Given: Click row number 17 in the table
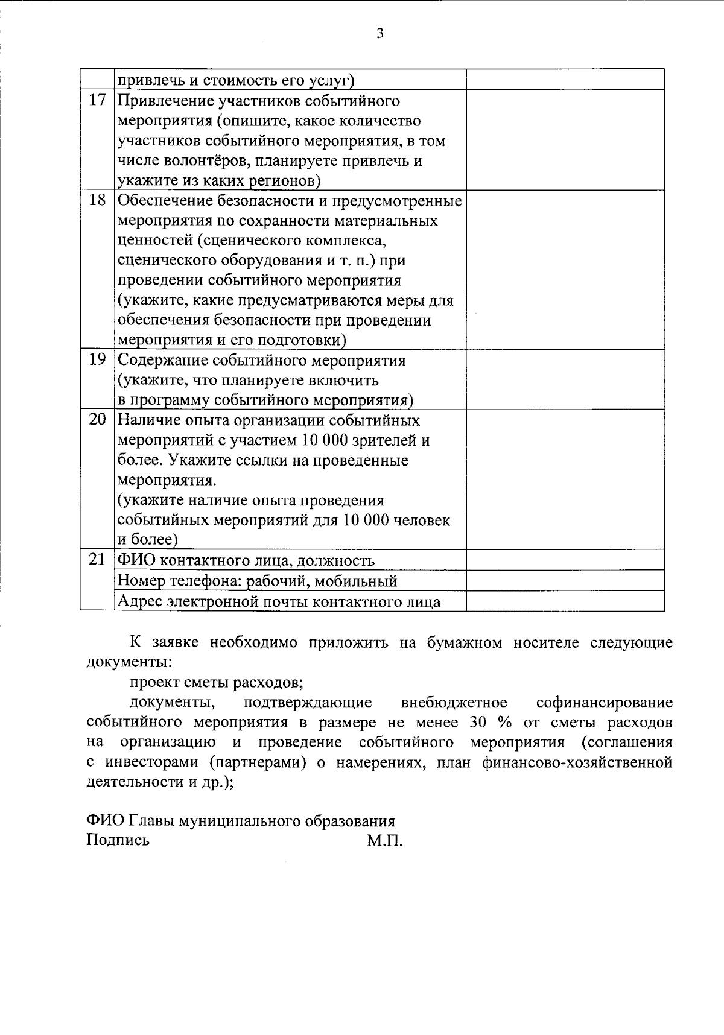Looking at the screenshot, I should [97, 101].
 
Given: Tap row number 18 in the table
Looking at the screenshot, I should [97, 200].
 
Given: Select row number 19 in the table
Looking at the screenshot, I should [97, 360].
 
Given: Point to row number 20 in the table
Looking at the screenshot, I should [97, 420].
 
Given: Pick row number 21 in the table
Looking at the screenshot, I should [97, 560].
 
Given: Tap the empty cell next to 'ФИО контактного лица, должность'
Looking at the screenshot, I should [565, 560].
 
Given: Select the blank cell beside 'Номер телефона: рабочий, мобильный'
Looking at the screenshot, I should [565, 581].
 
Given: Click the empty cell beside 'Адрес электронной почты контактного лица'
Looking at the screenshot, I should [565, 601].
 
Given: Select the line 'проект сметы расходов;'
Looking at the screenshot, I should [216, 683].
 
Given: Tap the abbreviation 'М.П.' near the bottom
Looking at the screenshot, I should [384, 840].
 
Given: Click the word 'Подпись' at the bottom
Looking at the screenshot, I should [118, 840].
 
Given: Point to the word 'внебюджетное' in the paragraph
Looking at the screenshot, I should [454, 703].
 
